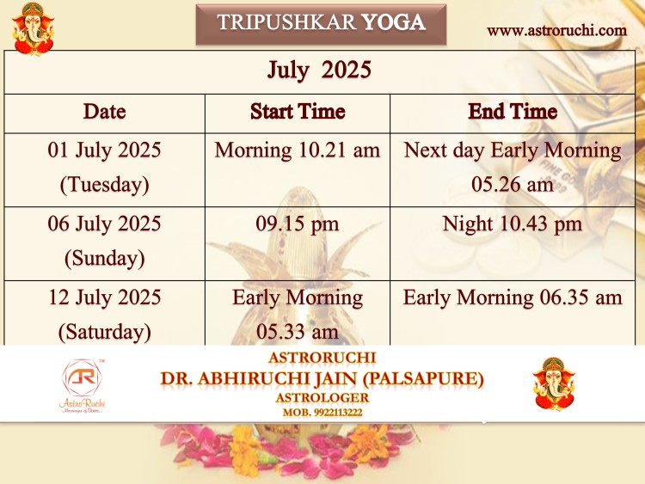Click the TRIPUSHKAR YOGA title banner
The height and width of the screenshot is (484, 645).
(321, 24)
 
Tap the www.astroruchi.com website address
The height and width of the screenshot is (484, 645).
(556, 30)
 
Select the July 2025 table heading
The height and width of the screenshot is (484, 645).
(319, 70)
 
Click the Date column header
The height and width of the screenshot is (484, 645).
(104, 112)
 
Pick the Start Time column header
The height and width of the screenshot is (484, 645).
(298, 112)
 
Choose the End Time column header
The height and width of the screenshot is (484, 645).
(513, 112)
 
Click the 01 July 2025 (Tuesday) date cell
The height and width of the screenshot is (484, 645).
(104, 167)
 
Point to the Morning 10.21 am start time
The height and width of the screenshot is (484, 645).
(298, 150)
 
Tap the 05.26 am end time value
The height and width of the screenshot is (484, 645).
(513, 184)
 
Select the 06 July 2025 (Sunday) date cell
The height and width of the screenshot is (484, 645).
(104, 241)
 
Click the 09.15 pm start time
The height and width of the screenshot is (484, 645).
(298, 224)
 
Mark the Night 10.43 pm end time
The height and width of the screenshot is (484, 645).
(513, 224)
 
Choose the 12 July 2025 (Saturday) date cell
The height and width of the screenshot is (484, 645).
(104, 315)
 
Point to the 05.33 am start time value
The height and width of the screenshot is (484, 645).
(298, 332)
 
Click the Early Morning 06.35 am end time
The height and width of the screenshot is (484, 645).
(513, 297)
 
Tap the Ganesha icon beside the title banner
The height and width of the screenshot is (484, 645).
(33, 28)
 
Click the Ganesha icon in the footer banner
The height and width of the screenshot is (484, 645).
(554, 384)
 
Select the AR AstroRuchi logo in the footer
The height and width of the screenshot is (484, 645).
(83, 386)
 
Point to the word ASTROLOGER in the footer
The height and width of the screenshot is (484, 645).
(322, 398)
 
